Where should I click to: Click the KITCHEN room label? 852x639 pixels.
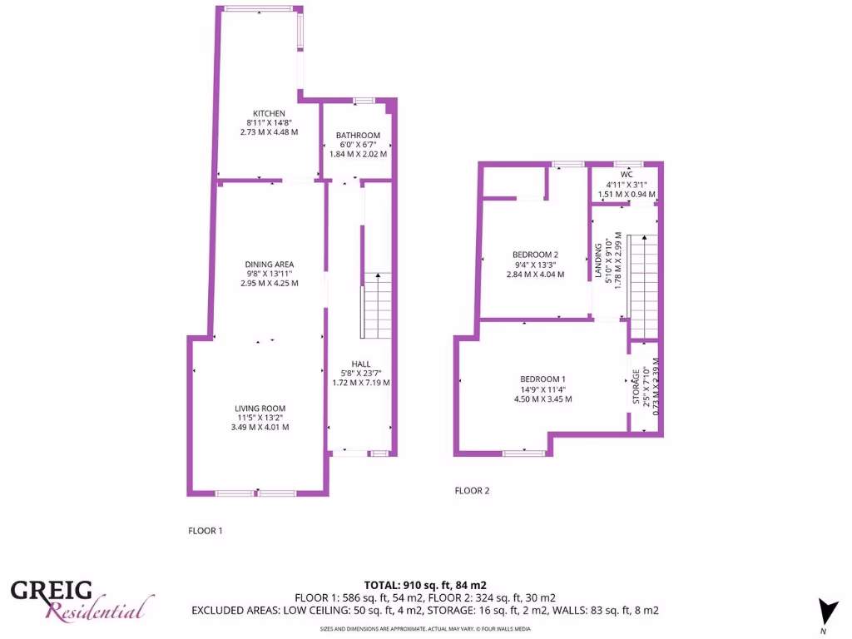pos(269,114)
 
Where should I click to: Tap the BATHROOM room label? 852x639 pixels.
pos(358,136)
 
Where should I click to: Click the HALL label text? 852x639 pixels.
pos(360,364)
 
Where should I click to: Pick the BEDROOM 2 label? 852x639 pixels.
pos(535,255)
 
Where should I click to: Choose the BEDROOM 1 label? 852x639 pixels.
pos(542,379)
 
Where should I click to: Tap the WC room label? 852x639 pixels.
pos(627,174)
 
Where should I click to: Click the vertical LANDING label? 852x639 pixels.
pos(598,263)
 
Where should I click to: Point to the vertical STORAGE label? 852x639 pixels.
pos(637,386)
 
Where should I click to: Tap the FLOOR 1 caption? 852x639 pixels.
pos(206,530)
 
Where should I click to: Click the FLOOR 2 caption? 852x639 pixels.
pos(472,491)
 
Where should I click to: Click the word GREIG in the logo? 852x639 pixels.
pos(52,592)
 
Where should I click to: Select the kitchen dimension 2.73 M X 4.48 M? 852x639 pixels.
pos(269,132)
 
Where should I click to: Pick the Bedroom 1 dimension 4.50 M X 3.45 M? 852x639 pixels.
pos(542,399)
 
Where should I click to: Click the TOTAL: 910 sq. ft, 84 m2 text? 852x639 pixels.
pos(424,585)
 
